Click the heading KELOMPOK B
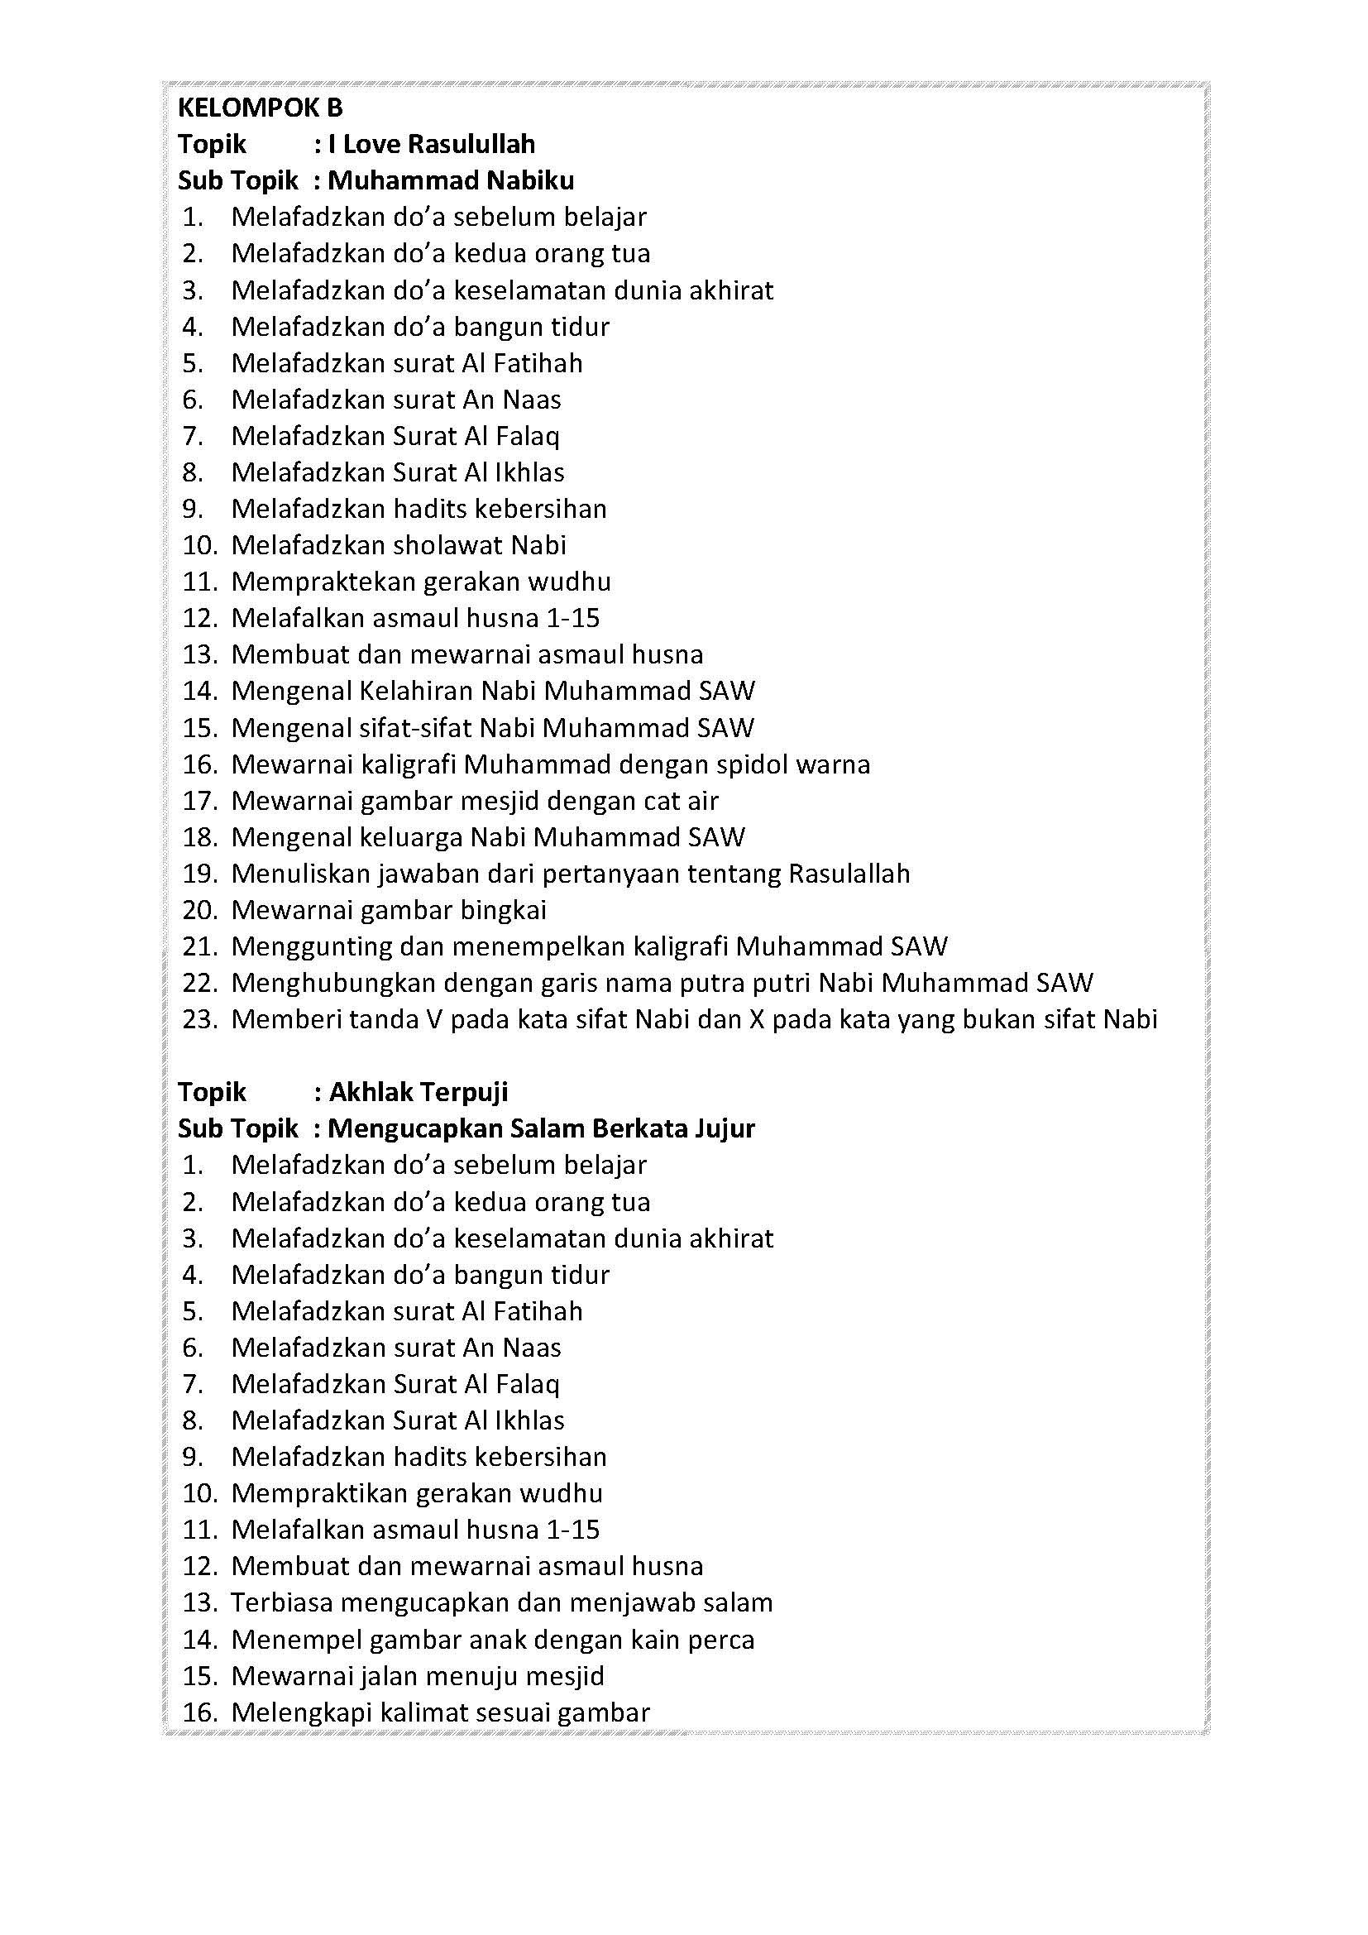(261, 108)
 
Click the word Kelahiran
(416, 691)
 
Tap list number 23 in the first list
(200, 1020)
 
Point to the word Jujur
(725, 1128)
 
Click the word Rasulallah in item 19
(849, 874)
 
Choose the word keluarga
(410, 837)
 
